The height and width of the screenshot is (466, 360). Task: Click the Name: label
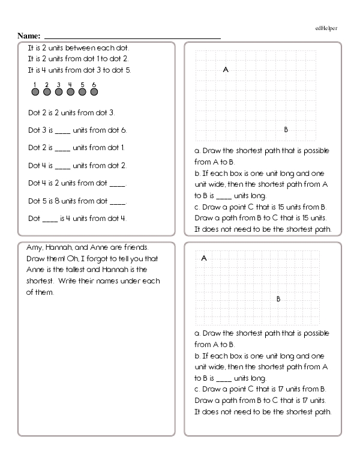(x=29, y=36)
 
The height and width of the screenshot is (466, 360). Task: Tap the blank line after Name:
(x=132, y=38)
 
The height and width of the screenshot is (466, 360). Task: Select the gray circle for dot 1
(x=35, y=92)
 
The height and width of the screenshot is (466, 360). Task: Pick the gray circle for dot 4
(x=70, y=92)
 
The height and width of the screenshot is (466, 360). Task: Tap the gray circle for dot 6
(x=94, y=92)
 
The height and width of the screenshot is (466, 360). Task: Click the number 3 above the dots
(x=58, y=84)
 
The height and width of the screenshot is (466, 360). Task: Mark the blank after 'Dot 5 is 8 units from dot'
(x=118, y=202)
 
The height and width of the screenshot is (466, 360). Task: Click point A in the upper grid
(x=226, y=70)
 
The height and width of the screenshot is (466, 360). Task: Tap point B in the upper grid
(x=286, y=129)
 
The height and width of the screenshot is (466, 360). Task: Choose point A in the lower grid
(x=204, y=258)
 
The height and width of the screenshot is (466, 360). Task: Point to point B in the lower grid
(x=278, y=298)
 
